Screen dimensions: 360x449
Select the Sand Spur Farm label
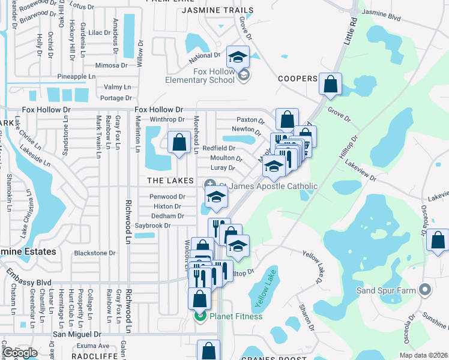[391, 291]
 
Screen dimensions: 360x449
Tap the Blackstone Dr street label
[95, 253]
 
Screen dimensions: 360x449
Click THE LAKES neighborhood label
[171, 181]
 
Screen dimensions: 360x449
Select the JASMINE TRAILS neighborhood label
[214, 10]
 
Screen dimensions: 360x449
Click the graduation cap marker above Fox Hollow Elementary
[238, 58]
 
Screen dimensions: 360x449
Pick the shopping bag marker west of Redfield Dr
[179, 143]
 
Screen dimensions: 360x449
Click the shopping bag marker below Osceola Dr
[438, 241]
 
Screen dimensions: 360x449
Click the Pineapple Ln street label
[76, 77]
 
